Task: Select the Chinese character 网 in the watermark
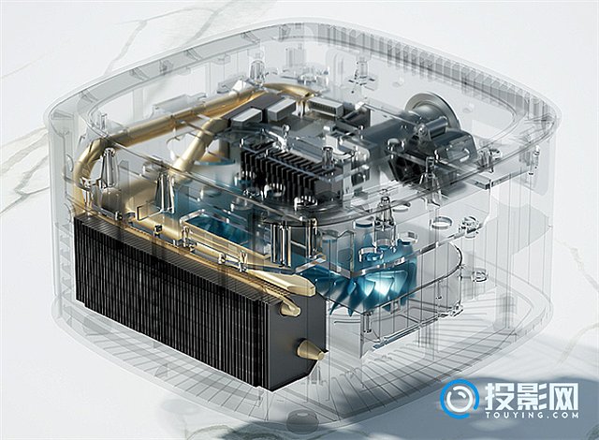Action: coord(563,396)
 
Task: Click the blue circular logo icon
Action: coord(460,400)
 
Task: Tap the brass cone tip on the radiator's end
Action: coord(311,350)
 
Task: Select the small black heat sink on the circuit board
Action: coord(279,171)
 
